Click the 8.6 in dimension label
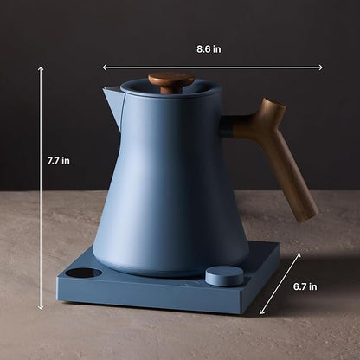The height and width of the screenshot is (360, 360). click(209, 49)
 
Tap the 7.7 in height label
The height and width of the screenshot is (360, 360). click(59, 161)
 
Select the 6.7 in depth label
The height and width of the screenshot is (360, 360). click(305, 286)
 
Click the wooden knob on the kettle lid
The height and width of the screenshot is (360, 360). click(171, 79)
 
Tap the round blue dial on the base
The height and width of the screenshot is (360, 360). click(224, 276)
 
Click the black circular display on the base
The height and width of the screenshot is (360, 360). click(84, 273)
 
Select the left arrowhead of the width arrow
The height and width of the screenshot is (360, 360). click(105, 67)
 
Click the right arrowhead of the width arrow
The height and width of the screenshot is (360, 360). click(320, 67)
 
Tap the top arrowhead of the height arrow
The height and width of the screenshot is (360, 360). click(41, 68)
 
